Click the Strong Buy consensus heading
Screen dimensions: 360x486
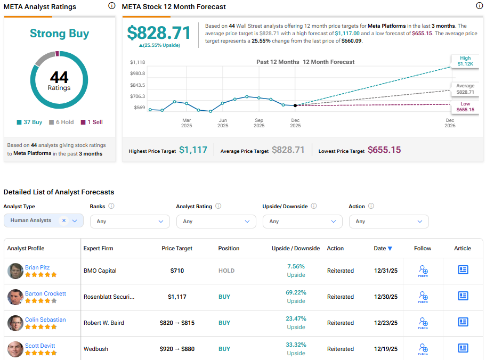[59, 34]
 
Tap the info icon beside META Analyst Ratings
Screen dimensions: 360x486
[111, 6]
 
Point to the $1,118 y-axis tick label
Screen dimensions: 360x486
[137, 62]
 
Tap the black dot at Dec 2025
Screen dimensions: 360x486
[295, 105]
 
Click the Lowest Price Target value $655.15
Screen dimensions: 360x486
[384, 150]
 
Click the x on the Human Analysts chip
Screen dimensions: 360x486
[63, 220]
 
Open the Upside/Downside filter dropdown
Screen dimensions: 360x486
[303, 221]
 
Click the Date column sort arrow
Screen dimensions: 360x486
[390, 249]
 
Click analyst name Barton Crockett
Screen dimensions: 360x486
[45, 293]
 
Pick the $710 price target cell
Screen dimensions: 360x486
[177, 271]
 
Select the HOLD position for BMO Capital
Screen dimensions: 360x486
[226, 271]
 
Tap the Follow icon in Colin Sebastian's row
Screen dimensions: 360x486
[423, 323]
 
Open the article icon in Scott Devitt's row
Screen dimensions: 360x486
[463, 348]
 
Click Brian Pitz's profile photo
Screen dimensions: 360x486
[15, 271]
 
